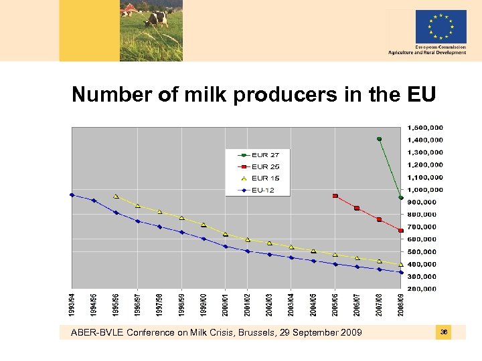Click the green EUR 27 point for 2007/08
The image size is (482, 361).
pyautogui.click(x=379, y=139)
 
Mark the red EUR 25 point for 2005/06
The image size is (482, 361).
pyautogui.click(x=335, y=196)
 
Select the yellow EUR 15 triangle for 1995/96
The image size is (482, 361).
pyautogui.click(x=116, y=197)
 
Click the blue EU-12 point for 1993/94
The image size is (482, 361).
pyautogui.click(x=72, y=195)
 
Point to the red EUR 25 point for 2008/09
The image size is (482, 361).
pyautogui.click(x=400, y=231)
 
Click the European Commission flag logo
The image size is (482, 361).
pyautogui.click(x=440, y=27)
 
